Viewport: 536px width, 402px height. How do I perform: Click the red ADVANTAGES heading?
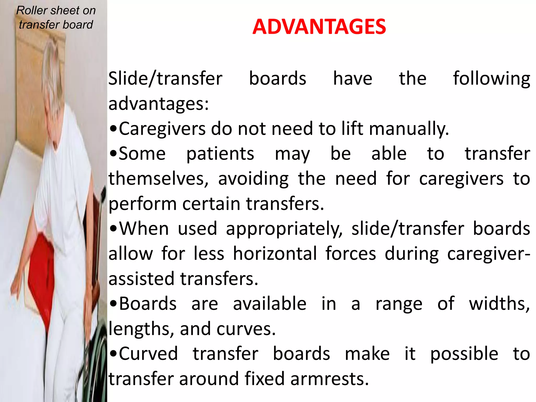tap(319, 27)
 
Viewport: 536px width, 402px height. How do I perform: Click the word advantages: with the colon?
tap(159, 104)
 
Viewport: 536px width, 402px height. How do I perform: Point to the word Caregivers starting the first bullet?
tap(162, 129)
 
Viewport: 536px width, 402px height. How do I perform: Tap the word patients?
tap(220, 154)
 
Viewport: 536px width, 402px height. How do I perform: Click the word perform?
tap(143, 204)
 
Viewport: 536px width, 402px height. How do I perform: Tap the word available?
tap(270, 304)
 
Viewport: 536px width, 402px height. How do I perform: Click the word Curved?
tap(148, 354)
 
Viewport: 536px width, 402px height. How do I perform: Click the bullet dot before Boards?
tap(113, 304)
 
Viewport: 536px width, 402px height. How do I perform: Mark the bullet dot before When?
tap(113, 230)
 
